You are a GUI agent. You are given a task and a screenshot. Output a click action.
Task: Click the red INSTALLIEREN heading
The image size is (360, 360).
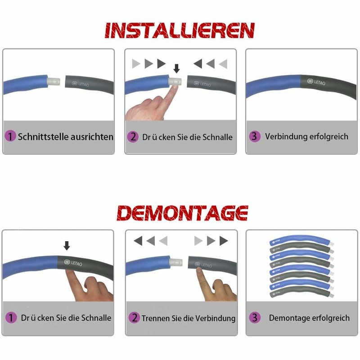(180, 30)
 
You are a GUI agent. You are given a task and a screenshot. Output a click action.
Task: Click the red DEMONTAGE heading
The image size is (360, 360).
(182, 213)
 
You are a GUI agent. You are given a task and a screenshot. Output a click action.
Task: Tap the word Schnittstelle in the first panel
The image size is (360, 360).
(43, 137)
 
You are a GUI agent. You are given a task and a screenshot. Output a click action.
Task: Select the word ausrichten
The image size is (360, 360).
(92, 137)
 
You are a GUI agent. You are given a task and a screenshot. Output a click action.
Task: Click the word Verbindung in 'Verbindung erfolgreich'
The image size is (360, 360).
(286, 136)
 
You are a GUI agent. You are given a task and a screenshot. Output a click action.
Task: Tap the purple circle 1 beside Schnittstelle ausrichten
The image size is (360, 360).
(10, 136)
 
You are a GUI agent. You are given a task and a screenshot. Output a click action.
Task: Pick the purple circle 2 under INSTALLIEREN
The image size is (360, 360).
(133, 137)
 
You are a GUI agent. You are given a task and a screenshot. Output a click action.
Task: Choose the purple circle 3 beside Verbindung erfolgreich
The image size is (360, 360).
(255, 136)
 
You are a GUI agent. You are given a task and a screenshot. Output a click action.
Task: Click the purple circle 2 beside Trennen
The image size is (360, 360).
(134, 318)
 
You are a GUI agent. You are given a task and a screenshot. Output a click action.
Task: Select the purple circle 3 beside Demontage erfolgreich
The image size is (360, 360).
(255, 318)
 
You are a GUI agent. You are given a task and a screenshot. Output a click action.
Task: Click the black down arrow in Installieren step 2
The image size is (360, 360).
(176, 68)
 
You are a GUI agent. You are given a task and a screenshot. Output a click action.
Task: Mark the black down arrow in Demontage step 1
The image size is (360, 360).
(67, 246)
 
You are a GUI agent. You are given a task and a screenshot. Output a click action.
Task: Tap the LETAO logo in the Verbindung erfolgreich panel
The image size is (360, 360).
(316, 82)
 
